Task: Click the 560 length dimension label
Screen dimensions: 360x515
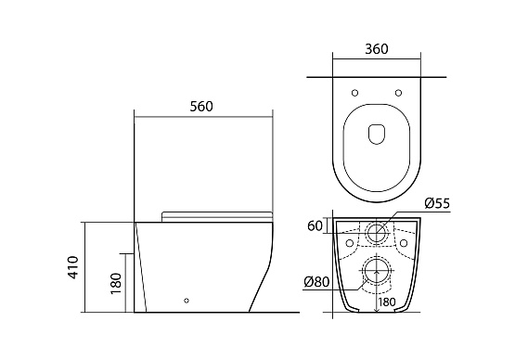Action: click(x=203, y=106)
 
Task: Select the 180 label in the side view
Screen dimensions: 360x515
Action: click(x=116, y=282)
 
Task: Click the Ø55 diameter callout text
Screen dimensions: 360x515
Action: click(x=437, y=201)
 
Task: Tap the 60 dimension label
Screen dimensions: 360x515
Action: click(x=315, y=225)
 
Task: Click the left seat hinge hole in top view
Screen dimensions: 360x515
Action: click(x=355, y=92)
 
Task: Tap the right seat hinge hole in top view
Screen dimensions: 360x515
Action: click(x=397, y=92)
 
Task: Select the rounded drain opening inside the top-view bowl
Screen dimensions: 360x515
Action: click(x=377, y=135)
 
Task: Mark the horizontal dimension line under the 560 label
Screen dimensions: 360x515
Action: click(x=203, y=116)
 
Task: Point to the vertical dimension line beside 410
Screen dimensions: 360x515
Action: click(x=87, y=266)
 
